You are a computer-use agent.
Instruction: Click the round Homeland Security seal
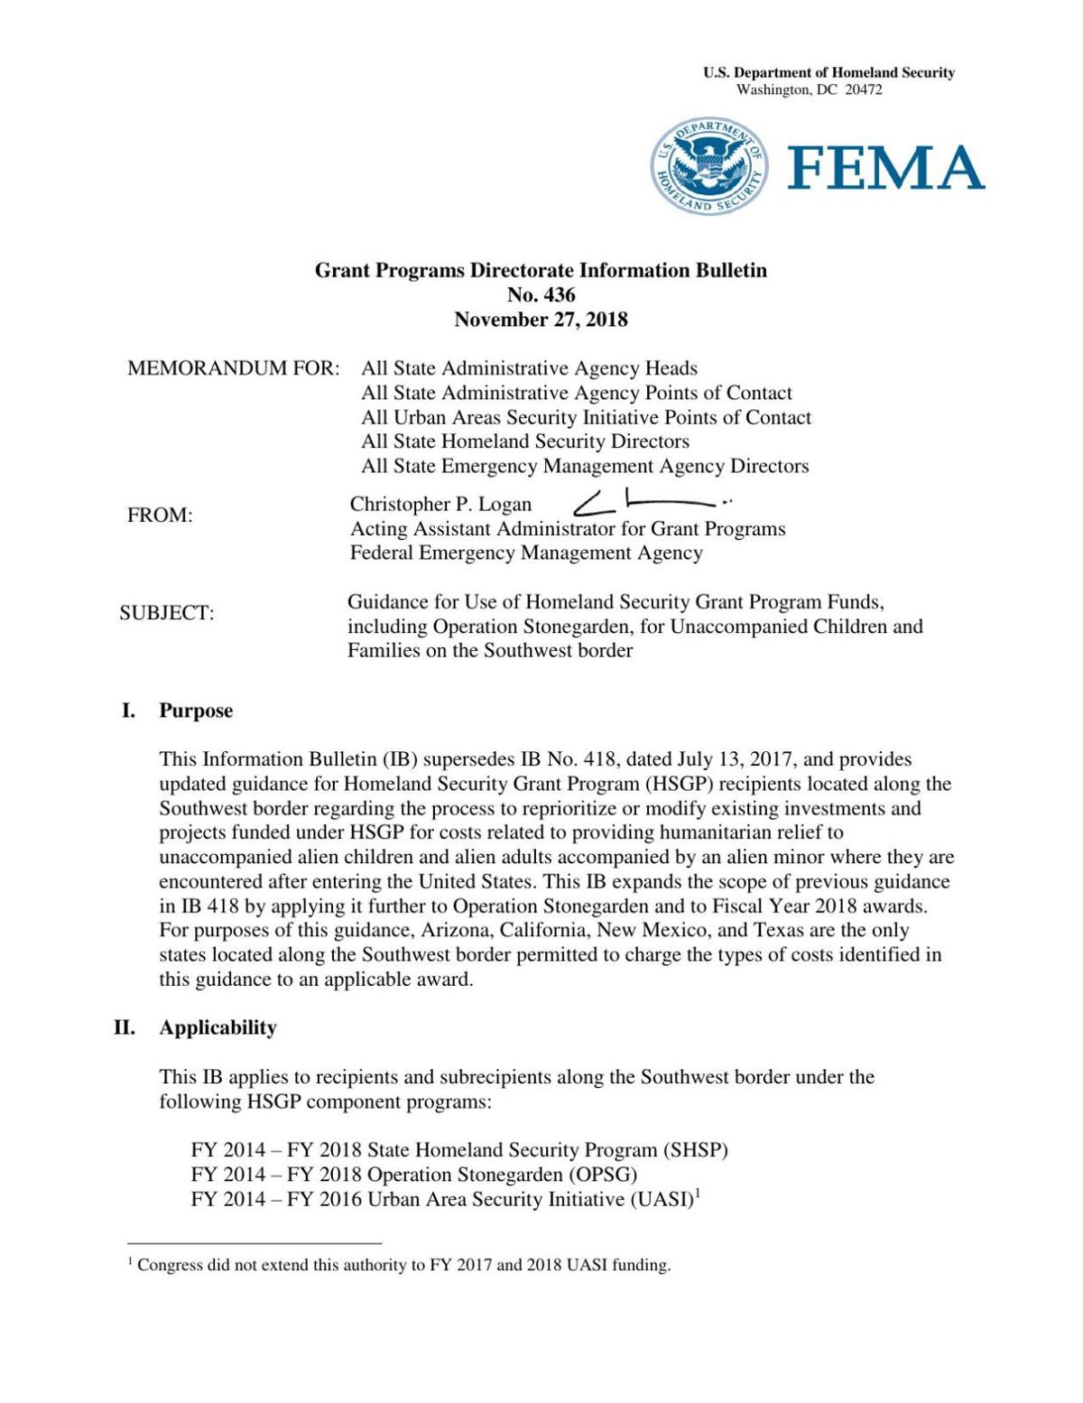tap(709, 166)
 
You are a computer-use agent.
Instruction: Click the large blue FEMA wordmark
tap(886, 168)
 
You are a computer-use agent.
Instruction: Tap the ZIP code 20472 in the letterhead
tap(863, 89)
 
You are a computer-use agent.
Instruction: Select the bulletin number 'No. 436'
tap(541, 294)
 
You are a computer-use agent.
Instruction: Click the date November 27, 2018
tap(541, 320)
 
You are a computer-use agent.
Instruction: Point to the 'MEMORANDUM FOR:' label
tap(234, 368)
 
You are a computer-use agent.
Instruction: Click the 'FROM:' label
tap(160, 516)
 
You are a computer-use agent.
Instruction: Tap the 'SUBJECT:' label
tap(167, 613)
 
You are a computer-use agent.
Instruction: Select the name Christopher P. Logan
tap(440, 504)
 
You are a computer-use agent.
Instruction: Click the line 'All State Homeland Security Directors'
tap(525, 441)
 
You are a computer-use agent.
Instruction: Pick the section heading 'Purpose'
tap(196, 711)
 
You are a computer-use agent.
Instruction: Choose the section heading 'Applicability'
tap(218, 1027)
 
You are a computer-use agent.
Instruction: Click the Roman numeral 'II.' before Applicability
tap(125, 1027)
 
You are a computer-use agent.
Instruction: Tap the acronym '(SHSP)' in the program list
tap(695, 1150)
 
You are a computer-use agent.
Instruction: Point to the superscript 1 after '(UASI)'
tap(698, 1194)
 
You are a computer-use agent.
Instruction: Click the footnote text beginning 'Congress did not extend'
tap(403, 1265)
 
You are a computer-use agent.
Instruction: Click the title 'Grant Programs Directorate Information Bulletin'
tap(541, 270)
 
